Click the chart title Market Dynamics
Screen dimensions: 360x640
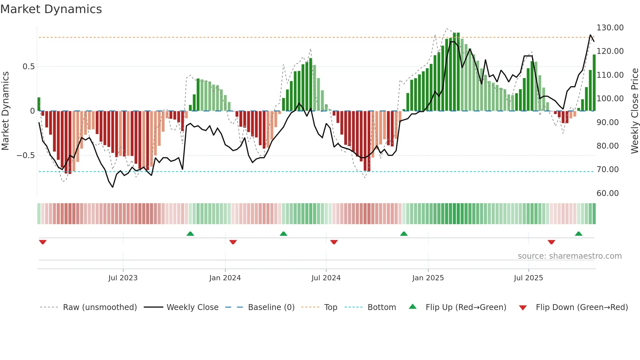(51, 9)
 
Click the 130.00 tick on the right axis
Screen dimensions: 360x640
(610, 28)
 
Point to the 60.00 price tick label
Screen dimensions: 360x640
(607, 193)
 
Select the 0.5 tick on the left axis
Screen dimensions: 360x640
(28, 67)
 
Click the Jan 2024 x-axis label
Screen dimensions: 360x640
(225, 278)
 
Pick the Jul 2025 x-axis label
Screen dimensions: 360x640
(528, 278)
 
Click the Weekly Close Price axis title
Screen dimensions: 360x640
(634, 111)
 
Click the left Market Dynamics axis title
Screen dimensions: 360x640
(5, 111)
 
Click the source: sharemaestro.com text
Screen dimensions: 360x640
(569, 256)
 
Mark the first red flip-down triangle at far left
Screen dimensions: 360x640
(43, 242)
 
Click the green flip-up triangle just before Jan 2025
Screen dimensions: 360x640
(404, 234)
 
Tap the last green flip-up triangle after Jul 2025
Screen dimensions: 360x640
(578, 234)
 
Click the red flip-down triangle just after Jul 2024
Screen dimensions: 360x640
(334, 242)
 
